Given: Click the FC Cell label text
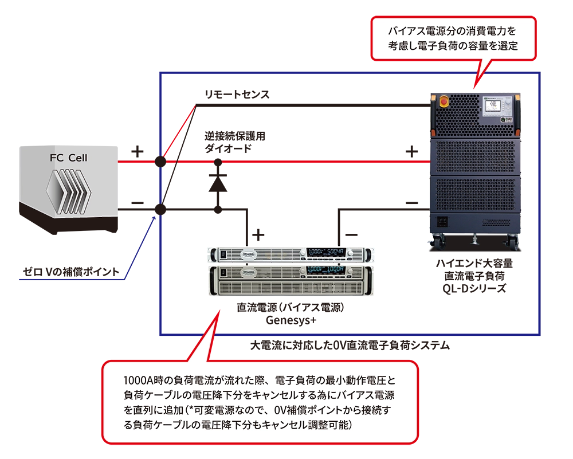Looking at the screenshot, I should click(68, 157).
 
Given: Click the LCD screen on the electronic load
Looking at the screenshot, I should click(490, 106).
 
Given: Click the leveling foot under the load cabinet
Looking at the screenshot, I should click(476, 237).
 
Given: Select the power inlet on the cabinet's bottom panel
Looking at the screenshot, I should click(442, 221).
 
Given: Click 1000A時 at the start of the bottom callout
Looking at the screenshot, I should click(143, 381).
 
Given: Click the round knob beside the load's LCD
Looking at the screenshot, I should click(507, 118).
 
